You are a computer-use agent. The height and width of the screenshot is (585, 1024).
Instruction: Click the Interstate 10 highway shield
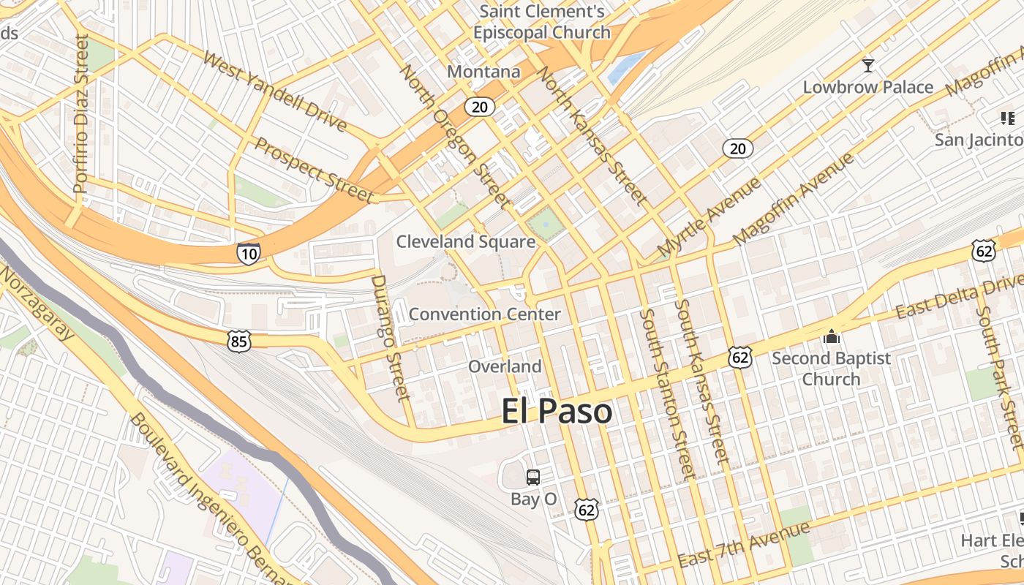point(249,254)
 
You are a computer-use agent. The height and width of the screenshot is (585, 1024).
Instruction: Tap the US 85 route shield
point(238,341)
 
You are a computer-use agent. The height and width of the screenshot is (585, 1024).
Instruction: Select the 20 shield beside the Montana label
point(479,107)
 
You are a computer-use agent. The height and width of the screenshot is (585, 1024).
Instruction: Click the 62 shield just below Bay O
point(586,510)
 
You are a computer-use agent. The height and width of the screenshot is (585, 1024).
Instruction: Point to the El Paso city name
point(557,412)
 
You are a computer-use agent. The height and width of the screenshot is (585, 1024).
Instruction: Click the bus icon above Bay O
point(533,478)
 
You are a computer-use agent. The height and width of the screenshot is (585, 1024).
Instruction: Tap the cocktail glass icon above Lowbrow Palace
point(867,66)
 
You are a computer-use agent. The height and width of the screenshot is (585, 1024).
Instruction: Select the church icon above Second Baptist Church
point(831,337)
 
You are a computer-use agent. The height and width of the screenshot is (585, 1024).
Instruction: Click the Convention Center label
point(484,314)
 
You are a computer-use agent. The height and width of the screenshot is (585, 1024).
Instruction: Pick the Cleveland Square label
point(466,241)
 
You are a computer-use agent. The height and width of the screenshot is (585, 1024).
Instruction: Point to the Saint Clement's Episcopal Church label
point(541,22)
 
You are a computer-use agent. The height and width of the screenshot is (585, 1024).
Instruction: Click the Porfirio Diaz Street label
point(80,114)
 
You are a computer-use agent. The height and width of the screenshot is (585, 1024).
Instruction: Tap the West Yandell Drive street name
point(274,91)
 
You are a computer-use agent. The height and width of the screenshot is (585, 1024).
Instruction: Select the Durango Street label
point(390,338)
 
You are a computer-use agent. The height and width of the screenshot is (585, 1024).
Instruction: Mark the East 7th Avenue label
point(744,545)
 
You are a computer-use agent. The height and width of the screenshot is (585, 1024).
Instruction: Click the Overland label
point(505,366)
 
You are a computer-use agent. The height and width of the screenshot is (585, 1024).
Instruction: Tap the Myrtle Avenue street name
point(708,217)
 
